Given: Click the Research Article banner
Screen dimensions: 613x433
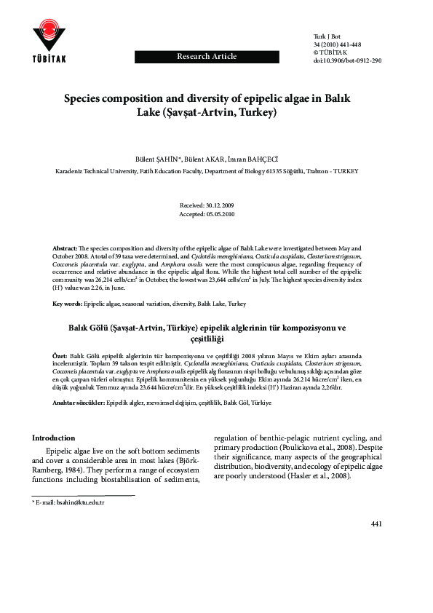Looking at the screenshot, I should (x=207, y=56).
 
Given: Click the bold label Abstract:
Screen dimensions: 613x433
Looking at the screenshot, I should (x=67, y=248).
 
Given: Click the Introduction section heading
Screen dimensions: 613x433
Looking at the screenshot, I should (x=53, y=438).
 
